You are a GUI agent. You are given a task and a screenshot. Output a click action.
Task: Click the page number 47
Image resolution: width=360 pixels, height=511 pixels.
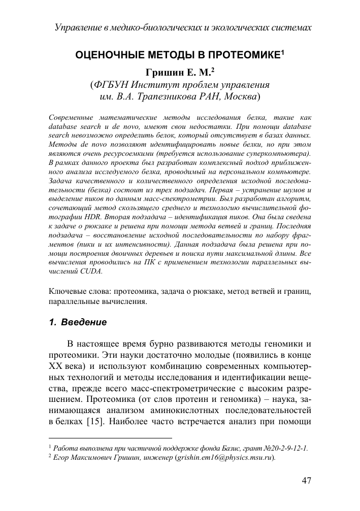pos(306,481)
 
